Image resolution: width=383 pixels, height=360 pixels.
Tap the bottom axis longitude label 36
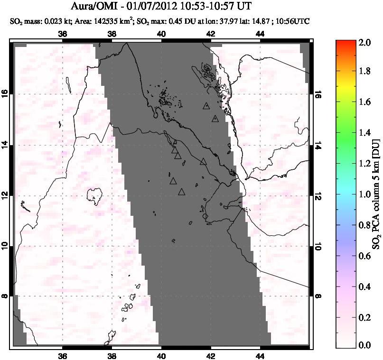(x=63, y=356)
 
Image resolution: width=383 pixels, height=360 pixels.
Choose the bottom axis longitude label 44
(x=260, y=356)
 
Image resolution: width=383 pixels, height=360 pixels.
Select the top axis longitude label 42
(x=211, y=34)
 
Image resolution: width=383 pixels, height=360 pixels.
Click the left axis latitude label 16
(x=6, y=94)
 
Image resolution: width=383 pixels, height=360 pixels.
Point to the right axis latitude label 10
(x=318, y=246)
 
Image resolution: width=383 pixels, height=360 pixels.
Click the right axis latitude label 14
(x=318, y=145)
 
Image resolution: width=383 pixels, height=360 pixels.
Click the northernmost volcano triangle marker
(x=206, y=106)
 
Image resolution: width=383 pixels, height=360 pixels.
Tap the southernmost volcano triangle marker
(x=181, y=192)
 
